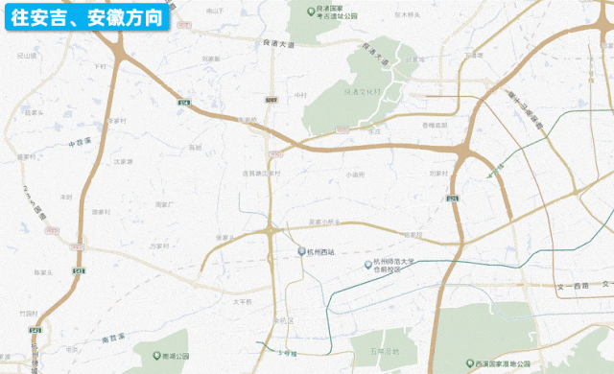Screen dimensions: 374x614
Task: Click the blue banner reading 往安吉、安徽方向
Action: pyautogui.click(x=86, y=17)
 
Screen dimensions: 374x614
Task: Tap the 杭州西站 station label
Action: pyautogui.click(x=320, y=251)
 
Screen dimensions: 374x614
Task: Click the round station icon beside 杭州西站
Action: pyautogui.click(x=300, y=251)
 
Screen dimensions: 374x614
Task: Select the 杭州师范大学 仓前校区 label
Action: pyautogui.click(x=397, y=266)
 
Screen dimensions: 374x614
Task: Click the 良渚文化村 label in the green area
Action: pyautogui.click(x=362, y=91)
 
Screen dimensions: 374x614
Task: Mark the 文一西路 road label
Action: pyautogui.click(x=572, y=286)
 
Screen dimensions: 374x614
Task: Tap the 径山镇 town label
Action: pyautogui.click(x=24, y=57)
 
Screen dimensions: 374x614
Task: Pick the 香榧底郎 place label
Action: pyautogui.click(x=435, y=126)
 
